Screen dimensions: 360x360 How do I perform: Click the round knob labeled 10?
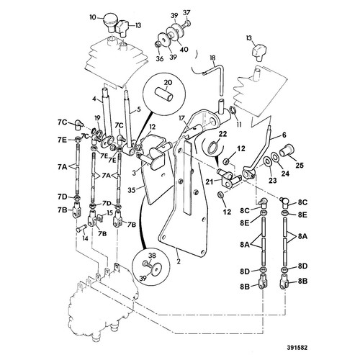click(x=110, y=23)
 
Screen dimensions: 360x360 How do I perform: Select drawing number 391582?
click(x=297, y=348)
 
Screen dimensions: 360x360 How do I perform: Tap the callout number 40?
click(x=184, y=50)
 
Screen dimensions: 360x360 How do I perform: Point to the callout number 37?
click(x=187, y=12)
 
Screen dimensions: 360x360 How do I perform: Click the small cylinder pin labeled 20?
click(x=163, y=94)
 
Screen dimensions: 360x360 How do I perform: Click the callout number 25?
click(x=300, y=165)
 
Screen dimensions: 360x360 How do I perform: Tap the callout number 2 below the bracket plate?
click(x=179, y=261)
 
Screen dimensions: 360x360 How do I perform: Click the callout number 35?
click(x=132, y=189)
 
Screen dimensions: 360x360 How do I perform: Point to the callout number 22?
click(x=222, y=134)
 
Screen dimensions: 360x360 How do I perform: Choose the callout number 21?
click(x=210, y=182)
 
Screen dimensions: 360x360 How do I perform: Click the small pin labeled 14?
click(x=82, y=229)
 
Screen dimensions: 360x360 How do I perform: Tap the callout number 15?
click(x=109, y=212)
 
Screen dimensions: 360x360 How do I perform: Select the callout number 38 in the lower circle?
click(x=152, y=256)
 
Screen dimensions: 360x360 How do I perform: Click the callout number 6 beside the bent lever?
click(x=284, y=135)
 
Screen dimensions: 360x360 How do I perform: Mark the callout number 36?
click(x=160, y=59)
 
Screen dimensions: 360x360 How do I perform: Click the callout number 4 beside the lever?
click(x=94, y=99)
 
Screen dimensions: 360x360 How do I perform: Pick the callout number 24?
click(x=285, y=173)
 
